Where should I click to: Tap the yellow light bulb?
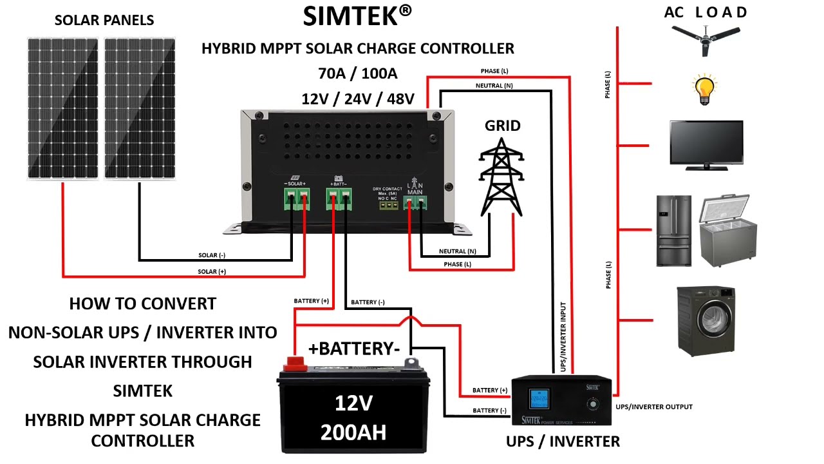point(704,90)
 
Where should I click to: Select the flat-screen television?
point(706,144)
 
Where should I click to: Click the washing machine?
point(706,320)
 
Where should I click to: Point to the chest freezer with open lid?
point(728,230)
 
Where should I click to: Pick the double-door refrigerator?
point(673,230)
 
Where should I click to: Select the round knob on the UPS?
point(592,405)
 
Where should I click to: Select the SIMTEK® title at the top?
point(357,17)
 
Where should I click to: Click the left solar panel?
point(62,108)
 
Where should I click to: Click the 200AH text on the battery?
point(353,432)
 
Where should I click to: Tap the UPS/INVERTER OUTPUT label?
point(654,407)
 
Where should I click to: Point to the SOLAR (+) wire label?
point(212,272)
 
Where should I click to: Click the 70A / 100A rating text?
point(357,73)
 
